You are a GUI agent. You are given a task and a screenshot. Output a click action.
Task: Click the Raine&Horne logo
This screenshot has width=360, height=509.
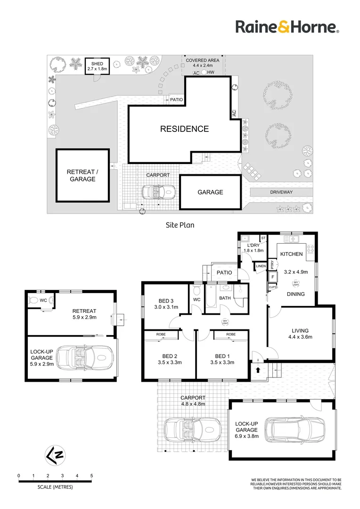pos(287,27)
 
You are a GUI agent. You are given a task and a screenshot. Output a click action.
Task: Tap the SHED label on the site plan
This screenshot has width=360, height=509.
pos(97,64)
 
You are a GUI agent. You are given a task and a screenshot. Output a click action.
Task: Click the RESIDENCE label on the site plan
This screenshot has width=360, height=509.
pos(184,129)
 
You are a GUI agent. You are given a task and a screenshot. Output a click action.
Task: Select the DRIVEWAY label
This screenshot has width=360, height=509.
pos(281,192)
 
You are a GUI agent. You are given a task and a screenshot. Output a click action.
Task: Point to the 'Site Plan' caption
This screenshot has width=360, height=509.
pos(180,225)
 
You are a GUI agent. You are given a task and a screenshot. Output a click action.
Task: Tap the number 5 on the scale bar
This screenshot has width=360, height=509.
pos(91,476)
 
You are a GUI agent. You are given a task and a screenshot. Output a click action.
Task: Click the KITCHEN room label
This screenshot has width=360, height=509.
pos(291,254)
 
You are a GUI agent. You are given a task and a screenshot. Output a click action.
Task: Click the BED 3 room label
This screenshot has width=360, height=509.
pos(165,301)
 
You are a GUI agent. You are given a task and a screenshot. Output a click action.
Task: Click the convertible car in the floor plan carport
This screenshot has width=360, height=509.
pos(192,429)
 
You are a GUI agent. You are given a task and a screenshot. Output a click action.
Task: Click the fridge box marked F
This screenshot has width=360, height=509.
pos(272,277)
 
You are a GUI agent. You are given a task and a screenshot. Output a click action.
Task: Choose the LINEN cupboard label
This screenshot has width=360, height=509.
pos(261,267)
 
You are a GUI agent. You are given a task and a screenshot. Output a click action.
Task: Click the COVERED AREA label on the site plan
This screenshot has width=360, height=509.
pos(203,61)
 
